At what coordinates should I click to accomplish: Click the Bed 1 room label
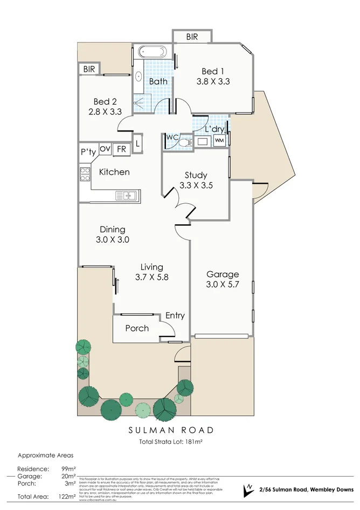pyautogui.click(x=210, y=72)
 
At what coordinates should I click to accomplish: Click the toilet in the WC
pyautogui.click(x=183, y=142)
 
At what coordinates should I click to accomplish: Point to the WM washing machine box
pyautogui.click(x=219, y=141)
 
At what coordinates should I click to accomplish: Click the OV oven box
pyautogui.click(x=105, y=149)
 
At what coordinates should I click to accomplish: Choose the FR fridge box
pyautogui.click(x=121, y=149)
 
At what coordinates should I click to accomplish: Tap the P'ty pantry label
pyautogui.click(x=88, y=153)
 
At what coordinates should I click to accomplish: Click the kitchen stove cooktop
pyautogui.click(x=85, y=174)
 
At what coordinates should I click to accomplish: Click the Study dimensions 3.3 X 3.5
pyautogui.click(x=196, y=185)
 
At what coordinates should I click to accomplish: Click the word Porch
pyautogui.click(x=136, y=328)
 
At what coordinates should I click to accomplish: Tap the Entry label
pyautogui.click(x=175, y=315)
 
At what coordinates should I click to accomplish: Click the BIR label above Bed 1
pyautogui.click(x=192, y=37)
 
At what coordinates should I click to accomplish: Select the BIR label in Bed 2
pyautogui.click(x=89, y=68)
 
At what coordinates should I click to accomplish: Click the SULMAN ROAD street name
pyautogui.click(x=170, y=430)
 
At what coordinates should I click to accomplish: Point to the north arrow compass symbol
pyautogui.click(x=248, y=489)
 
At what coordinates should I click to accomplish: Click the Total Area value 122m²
pyautogui.click(x=68, y=497)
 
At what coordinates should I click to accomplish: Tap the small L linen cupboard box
pyautogui.click(x=138, y=143)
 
